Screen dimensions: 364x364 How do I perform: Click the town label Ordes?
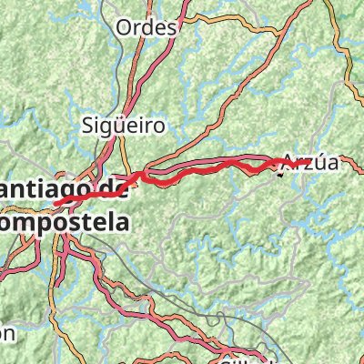(146, 27)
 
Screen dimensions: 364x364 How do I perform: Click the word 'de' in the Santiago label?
(111, 188)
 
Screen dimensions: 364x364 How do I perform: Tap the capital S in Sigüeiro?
(87, 125)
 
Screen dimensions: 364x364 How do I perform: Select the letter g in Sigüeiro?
(102, 126)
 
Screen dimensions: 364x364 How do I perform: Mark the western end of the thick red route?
(56, 203)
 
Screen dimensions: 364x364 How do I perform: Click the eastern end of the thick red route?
(278, 163)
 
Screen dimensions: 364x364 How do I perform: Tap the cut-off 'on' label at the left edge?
(6, 333)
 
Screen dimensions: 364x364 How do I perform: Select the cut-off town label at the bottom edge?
(241, 359)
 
